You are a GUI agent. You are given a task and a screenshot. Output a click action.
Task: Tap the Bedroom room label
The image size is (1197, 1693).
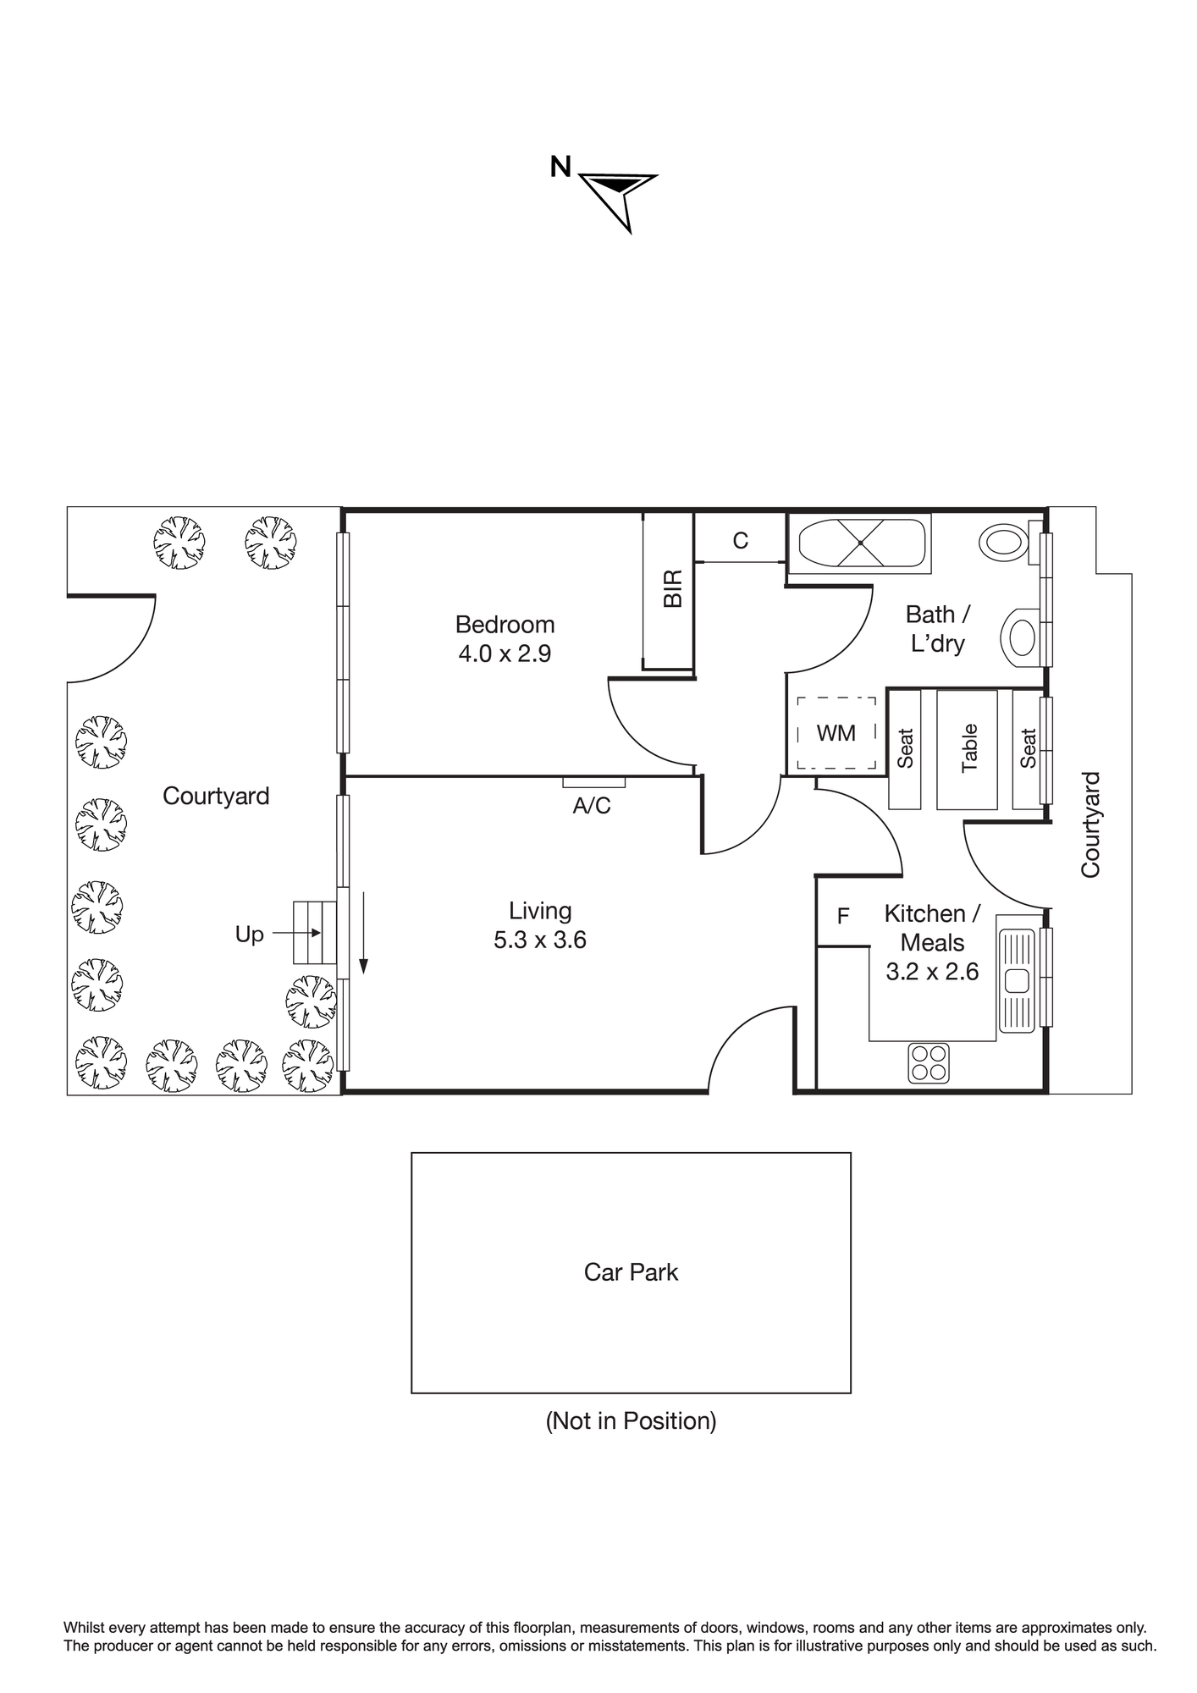pos(505,625)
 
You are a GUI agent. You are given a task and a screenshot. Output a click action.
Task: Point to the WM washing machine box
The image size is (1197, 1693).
pos(836,733)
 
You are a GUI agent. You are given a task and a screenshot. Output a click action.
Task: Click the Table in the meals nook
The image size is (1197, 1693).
pos(968,749)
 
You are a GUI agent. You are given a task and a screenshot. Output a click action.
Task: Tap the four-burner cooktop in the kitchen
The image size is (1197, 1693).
pos(929,1062)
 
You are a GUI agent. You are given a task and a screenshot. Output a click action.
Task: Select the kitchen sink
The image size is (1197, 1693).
pos(1017,981)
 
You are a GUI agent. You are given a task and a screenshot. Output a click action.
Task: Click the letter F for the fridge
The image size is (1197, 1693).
pos(843,916)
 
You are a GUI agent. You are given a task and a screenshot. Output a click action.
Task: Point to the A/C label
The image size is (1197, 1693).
pos(592,806)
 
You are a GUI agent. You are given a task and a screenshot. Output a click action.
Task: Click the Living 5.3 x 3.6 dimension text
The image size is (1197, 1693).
pos(540,940)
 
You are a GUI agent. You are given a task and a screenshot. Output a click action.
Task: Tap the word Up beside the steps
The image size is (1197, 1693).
pos(249,935)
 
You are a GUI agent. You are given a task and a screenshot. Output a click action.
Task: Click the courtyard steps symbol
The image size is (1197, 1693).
pos(315,933)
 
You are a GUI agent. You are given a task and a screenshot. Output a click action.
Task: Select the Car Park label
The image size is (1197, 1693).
pos(631,1272)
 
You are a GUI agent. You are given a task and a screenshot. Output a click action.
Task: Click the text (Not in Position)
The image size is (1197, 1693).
pos(631,1420)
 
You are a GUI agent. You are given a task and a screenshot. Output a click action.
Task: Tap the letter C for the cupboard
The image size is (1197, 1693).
pos(741,541)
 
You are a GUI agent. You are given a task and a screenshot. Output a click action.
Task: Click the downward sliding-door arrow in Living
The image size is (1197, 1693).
pos(363,932)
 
